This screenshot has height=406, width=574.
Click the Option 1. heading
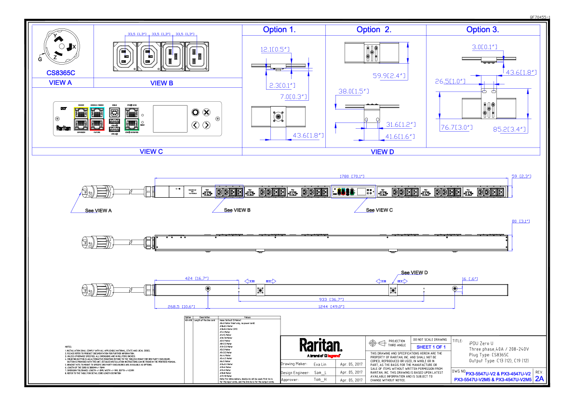279,30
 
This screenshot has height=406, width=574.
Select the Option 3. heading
482,30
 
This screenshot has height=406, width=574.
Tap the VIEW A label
61,83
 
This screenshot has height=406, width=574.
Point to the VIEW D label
382,151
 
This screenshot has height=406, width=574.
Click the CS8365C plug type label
61,73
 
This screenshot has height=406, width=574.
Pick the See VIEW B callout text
237,210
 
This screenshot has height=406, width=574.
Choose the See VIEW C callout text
379,210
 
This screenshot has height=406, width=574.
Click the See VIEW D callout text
414,273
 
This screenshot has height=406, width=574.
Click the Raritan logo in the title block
321,345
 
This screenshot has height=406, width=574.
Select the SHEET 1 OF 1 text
431,347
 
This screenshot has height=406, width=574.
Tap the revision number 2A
539,379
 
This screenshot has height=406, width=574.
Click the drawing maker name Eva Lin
320,365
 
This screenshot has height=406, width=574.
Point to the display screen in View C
170,119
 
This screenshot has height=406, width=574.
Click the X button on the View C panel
206,113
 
